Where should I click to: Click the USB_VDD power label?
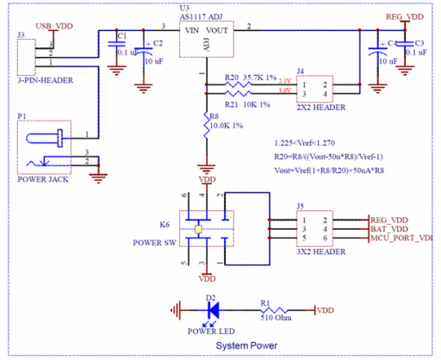[x=54, y=27]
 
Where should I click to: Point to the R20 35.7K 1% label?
[x=247, y=77]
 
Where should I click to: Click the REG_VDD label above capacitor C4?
[x=403, y=16]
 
